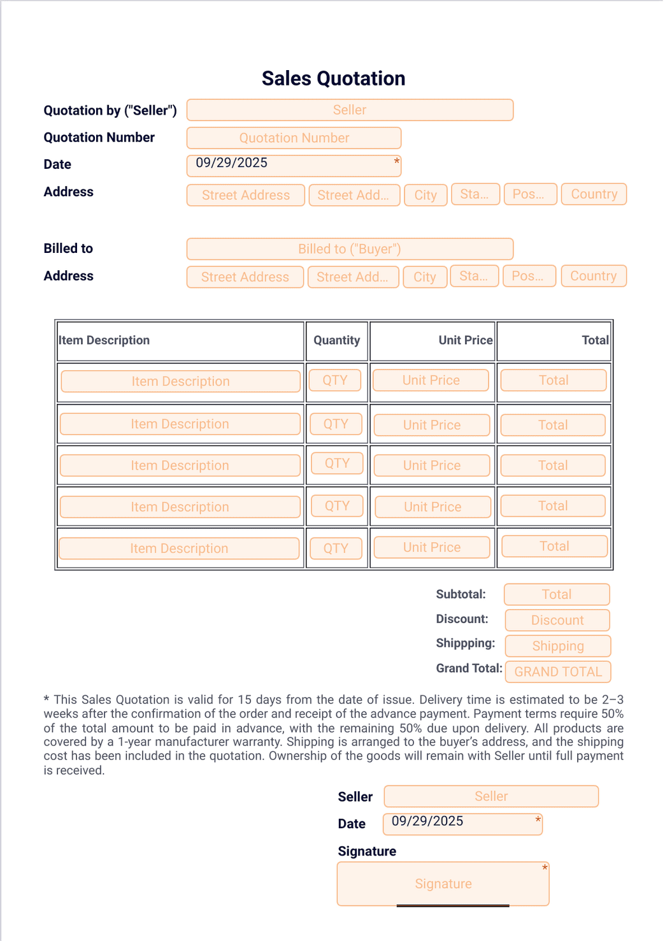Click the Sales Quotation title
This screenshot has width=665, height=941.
point(333,78)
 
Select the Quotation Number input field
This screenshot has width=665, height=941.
point(294,138)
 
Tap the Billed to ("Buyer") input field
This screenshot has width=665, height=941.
point(350,248)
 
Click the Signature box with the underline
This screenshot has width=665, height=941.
point(443,884)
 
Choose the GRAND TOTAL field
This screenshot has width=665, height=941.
point(557,672)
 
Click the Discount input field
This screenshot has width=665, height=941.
point(557,620)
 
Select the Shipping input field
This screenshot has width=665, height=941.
point(557,646)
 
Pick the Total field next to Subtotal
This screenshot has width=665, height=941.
point(556,594)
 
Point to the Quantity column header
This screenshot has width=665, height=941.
point(336,340)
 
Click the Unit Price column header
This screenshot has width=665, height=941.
point(465,340)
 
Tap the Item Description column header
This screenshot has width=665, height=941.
point(104,340)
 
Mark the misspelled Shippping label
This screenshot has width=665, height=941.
point(465,643)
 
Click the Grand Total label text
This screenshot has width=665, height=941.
point(469,668)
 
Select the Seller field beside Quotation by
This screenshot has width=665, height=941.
point(350,110)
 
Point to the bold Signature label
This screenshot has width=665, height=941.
point(367,851)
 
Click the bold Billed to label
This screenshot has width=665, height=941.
point(68,248)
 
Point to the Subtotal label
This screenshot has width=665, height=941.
point(461,594)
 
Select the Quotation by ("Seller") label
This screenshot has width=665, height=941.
point(110,110)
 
